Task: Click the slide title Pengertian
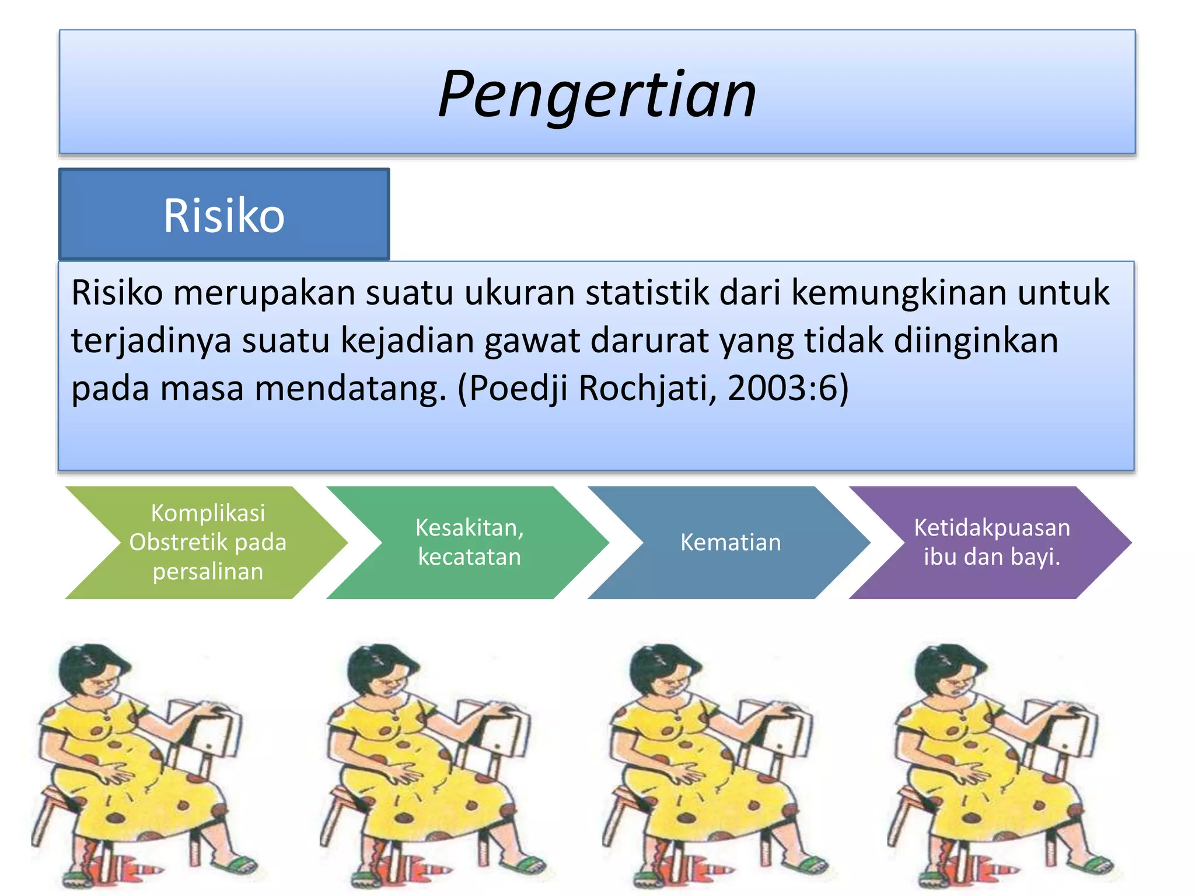597,93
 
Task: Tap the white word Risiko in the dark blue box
224,216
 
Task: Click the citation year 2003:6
782,388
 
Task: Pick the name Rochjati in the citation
648,388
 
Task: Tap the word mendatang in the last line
347,388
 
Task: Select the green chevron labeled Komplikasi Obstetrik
207,542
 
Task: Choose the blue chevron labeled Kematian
730,542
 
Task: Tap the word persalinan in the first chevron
208,572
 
